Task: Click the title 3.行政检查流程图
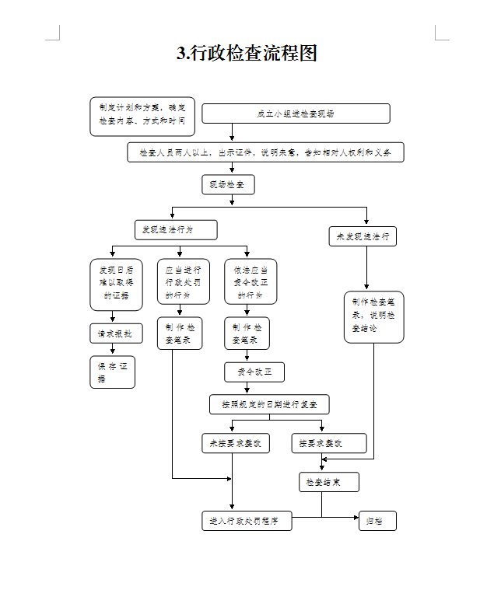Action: coord(247,54)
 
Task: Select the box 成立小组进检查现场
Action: coord(296,113)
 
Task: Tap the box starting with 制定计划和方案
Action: coord(142,116)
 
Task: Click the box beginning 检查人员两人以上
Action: coord(265,152)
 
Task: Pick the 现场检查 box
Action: coord(228,184)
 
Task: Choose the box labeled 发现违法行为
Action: coord(176,230)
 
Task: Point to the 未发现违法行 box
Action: coord(363,236)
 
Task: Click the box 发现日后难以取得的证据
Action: coord(112,283)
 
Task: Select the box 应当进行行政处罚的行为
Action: coord(182,282)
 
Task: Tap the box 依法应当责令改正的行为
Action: coord(251,282)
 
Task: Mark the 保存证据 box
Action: coord(112,372)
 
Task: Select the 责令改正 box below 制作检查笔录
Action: coord(254,372)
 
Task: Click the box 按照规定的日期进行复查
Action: coord(269,404)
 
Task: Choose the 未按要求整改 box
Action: coord(236,443)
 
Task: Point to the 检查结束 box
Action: coord(329,483)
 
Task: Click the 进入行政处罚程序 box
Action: coord(247,521)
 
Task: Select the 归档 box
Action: coord(377,521)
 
